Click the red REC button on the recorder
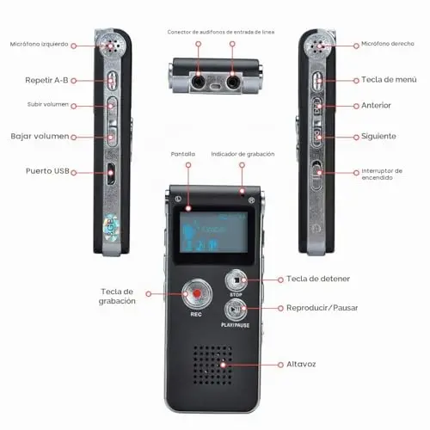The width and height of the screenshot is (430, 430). point(197,294)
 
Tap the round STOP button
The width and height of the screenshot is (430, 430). point(236,280)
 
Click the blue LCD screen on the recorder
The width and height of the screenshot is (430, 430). point(213,232)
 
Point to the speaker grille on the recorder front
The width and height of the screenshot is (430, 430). point(212,365)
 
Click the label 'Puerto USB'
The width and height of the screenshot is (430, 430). point(47,171)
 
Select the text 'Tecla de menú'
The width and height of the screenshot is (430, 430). point(389,80)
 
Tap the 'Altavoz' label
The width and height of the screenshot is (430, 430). point(301,365)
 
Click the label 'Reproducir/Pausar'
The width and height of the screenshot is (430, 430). point(322,308)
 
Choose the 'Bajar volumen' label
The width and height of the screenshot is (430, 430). point(40,136)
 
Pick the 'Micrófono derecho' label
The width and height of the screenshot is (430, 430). point(388,44)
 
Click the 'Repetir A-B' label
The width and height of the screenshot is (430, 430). point(46,80)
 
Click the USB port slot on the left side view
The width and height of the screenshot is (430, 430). point(111,174)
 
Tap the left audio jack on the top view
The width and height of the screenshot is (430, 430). point(198,83)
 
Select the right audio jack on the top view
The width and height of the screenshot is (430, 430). point(233,83)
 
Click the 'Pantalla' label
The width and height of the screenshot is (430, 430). point(183,154)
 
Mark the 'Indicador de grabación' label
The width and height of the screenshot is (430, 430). point(243,154)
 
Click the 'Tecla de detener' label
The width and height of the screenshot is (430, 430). point(318,279)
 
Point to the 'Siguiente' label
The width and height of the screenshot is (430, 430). point(378,136)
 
